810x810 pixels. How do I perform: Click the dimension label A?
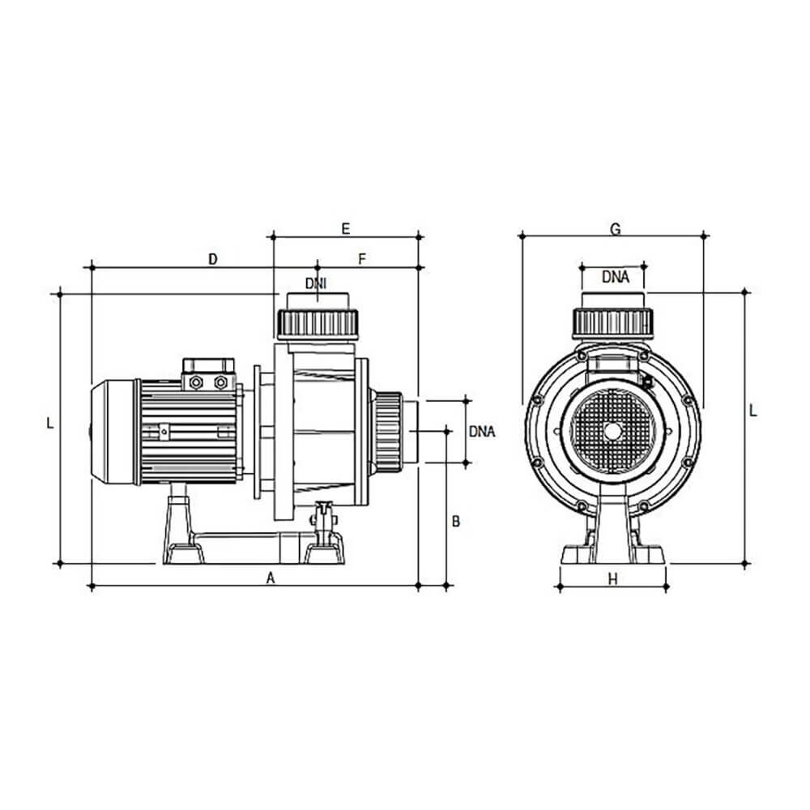tap(271, 578)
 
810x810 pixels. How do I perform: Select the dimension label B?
tap(455, 521)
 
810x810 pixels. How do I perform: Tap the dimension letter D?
tap(213, 259)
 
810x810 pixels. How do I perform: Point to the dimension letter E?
tap(346, 228)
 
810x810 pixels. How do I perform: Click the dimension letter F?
tap(362, 259)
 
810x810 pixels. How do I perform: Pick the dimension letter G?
tap(616, 229)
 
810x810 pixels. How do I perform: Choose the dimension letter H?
tap(612, 580)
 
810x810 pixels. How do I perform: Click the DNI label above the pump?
tap(316, 283)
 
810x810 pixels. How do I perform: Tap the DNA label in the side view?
tap(482, 432)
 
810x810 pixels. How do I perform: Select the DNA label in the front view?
tap(616, 277)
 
